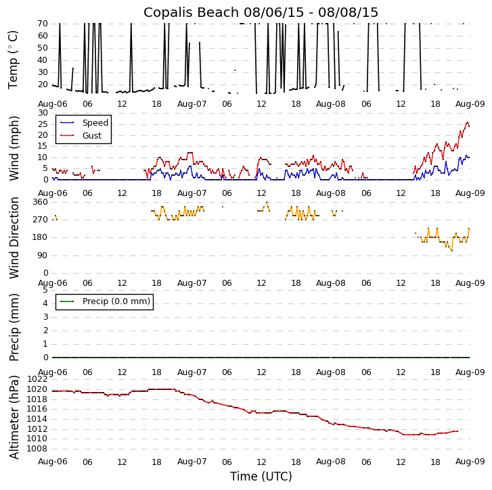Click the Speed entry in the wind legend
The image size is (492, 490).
(95, 123)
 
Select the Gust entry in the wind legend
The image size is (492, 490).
(92, 136)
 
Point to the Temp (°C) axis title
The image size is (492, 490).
(14, 59)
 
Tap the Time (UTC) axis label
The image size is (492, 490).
(261, 476)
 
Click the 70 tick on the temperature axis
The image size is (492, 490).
(42, 24)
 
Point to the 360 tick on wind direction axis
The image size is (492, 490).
(40, 202)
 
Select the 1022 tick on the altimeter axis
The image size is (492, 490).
(37, 379)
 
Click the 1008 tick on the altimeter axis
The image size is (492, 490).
(37, 448)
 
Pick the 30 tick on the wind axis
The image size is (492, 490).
(42, 113)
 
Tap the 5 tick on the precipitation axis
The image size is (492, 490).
(45, 290)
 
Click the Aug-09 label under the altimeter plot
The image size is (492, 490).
(470, 462)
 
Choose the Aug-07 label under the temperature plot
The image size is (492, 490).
(192, 104)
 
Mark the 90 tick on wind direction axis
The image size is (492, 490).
(42, 255)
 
